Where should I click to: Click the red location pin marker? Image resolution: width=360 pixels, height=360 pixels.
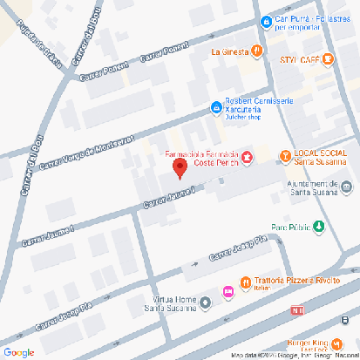(x=179, y=168)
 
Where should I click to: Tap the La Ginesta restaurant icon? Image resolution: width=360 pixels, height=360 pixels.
(x=258, y=51)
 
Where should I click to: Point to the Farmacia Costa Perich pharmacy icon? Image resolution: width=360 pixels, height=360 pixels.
(x=247, y=158)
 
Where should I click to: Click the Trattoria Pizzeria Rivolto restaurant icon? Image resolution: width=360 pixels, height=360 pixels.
(x=247, y=282)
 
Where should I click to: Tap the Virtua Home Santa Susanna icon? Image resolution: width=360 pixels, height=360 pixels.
(x=206, y=302)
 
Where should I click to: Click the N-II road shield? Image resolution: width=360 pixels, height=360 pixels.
(x=298, y=310)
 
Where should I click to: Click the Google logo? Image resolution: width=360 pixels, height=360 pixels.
(x=18, y=352)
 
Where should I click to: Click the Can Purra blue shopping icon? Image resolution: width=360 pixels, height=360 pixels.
(x=265, y=21)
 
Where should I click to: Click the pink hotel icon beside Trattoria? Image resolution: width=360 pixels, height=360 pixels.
(x=228, y=291)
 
